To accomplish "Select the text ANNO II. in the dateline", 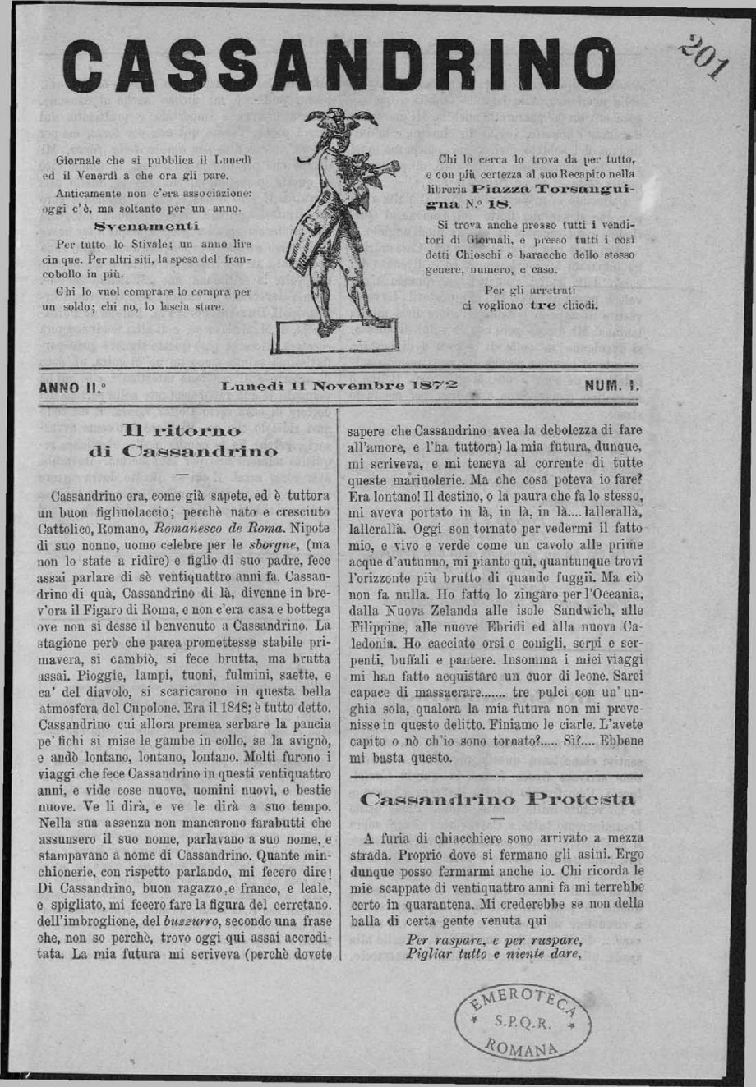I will (x=72, y=386).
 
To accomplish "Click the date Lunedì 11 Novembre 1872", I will (x=339, y=384).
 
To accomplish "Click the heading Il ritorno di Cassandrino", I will (x=182, y=440).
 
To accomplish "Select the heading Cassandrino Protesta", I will (x=497, y=798).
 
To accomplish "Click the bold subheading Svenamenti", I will (x=146, y=225).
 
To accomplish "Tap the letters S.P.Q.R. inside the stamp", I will (x=523, y=1024).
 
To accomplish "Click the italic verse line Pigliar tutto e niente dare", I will (x=494, y=954).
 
